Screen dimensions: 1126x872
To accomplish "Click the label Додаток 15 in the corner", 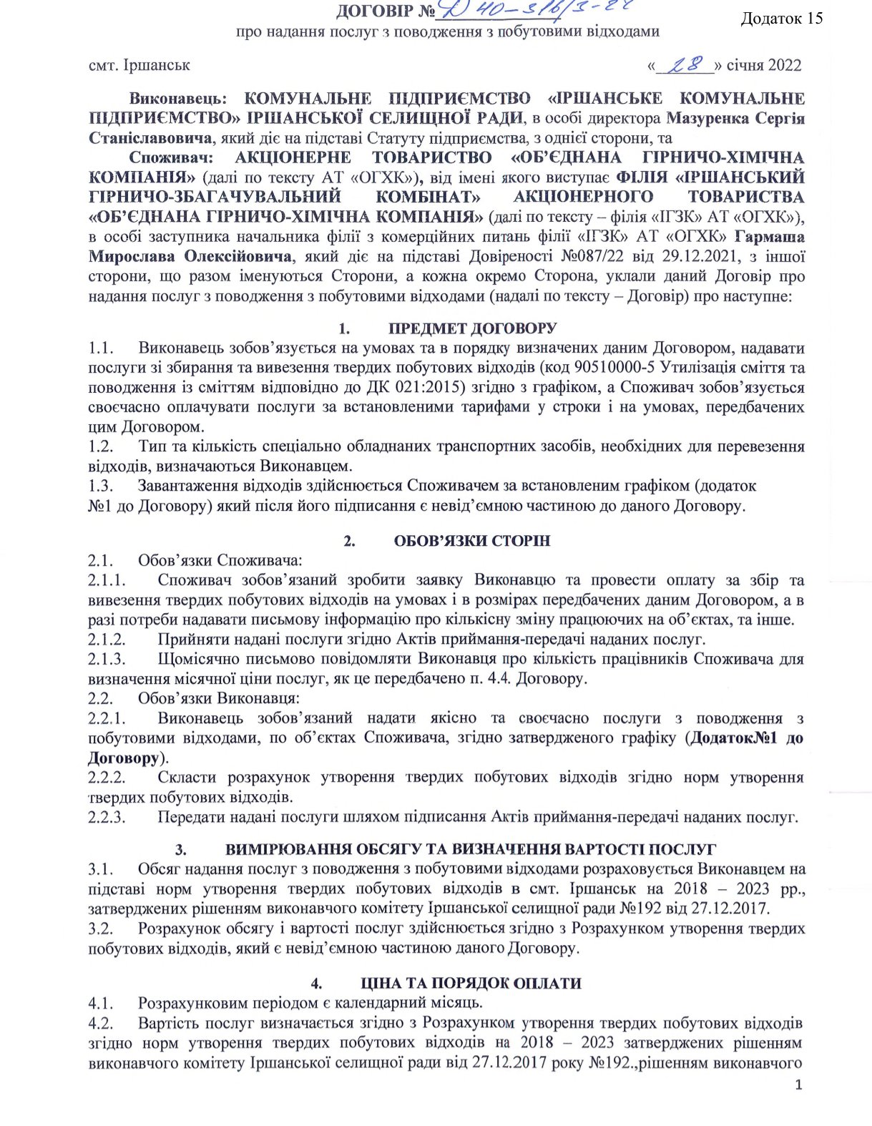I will [782, 19].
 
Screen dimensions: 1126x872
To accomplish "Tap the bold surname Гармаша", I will [769, 237].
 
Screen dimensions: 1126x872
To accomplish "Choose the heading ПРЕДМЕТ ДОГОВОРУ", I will [472, 328].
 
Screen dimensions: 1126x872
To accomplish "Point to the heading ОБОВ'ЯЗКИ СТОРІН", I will [472, 541].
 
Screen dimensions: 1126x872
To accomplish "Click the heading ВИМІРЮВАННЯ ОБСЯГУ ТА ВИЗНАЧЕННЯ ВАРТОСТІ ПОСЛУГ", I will [471, 849].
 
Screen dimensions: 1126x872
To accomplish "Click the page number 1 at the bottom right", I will [799, 1085].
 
